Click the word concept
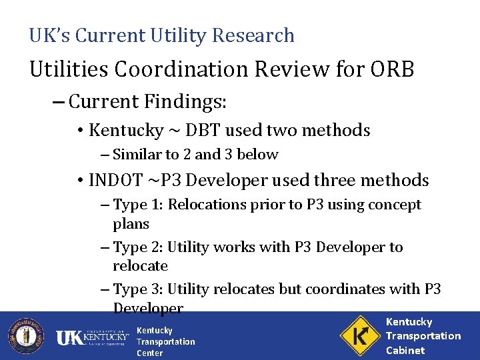coord(396,205)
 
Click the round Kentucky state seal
coord(25,335)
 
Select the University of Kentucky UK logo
coord(92,337)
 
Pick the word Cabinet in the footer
coord(405,350)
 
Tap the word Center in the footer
coord(149,353)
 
